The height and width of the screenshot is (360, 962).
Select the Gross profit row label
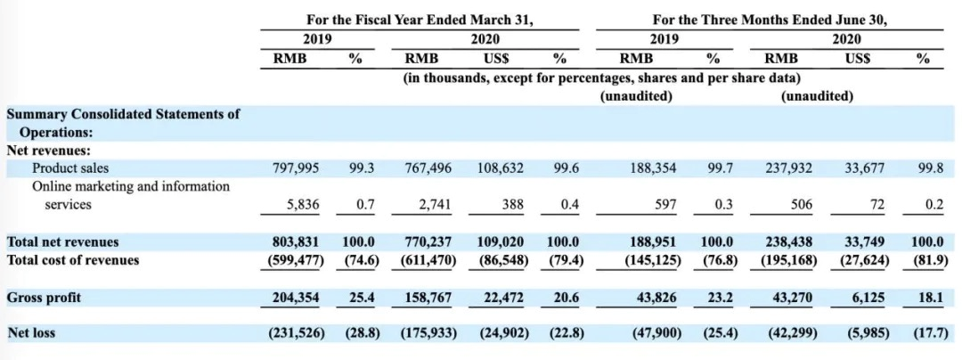[44, 298]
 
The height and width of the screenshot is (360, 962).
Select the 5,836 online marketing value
[298, 204]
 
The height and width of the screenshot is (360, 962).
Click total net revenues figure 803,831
[292, 241]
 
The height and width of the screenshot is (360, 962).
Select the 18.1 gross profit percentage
[923, 298]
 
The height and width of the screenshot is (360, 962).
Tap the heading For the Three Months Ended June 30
[772, 19]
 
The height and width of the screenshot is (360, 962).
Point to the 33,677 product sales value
[867, 168]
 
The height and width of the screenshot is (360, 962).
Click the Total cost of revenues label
[73, 260]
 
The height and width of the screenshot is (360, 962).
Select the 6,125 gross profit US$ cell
[872, 298]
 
